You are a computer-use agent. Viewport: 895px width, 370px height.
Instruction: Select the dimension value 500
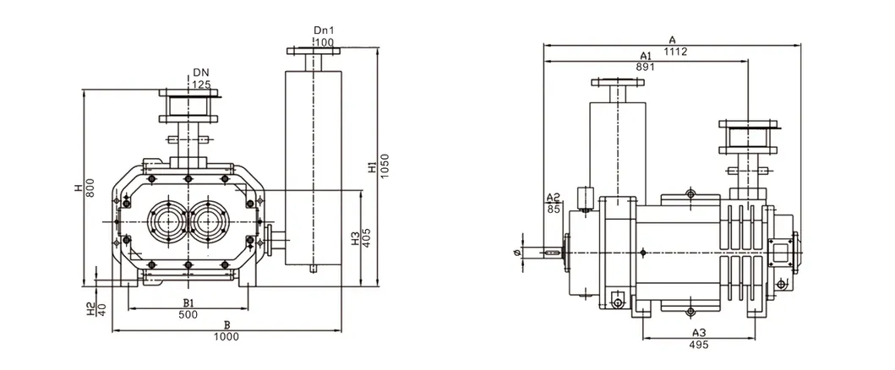click(x=188, y=314)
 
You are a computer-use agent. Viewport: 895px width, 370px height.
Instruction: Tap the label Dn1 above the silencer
click(x=324, y=30)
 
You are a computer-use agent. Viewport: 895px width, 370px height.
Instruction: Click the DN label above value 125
click(x=200, y=73)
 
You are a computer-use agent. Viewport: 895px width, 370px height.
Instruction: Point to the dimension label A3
click(x=698, y=333)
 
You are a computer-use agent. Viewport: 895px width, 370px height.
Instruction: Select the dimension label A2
click(x=554, y=197)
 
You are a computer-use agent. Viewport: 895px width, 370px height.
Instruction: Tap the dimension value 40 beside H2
click(x=102, y=309)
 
